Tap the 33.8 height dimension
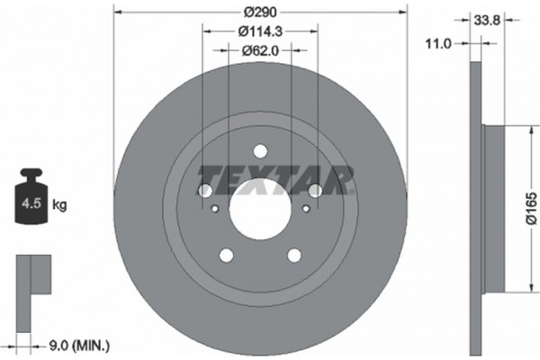(488, 16)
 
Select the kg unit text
(60, 205)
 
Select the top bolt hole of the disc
(259, 151)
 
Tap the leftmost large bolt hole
(203, 191)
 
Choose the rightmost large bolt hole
(315, 191)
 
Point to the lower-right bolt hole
(293, 256)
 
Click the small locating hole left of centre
(214, 209)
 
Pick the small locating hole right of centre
(305, 209)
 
